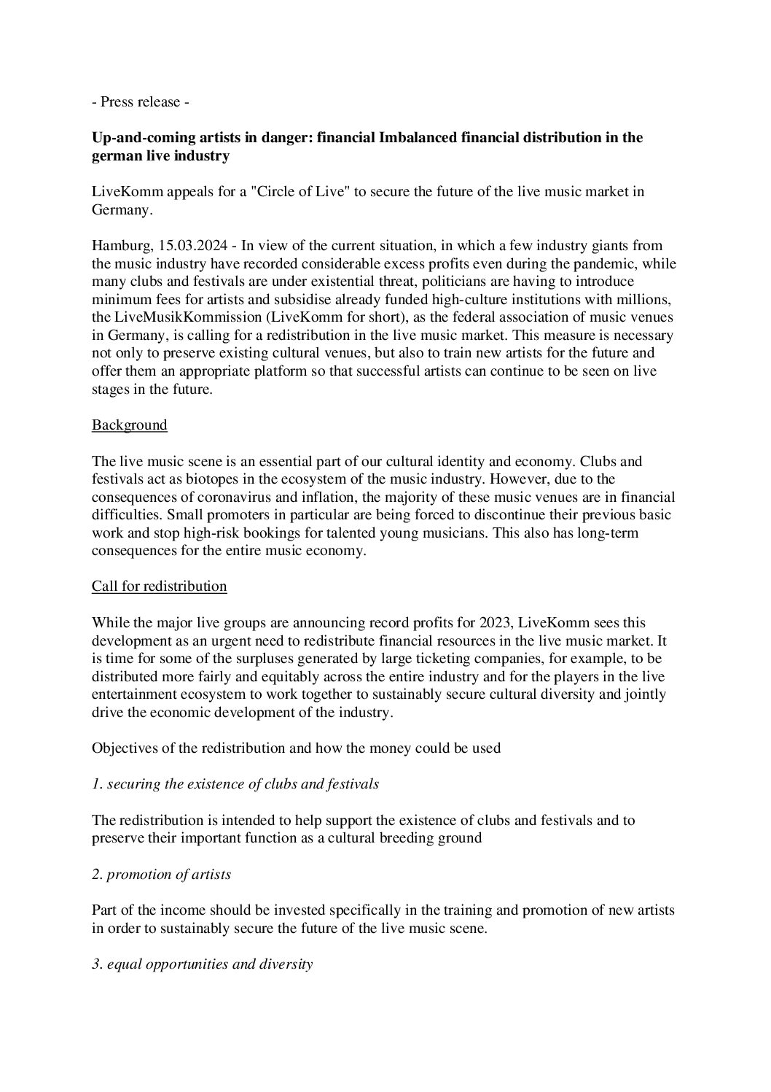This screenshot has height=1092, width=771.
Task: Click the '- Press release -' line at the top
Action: click(141, 101)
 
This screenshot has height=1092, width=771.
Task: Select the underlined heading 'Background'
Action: click(130, 425)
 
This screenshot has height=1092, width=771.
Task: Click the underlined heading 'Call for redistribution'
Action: click(159, 586)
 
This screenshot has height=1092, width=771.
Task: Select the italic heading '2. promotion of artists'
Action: click(161, 873)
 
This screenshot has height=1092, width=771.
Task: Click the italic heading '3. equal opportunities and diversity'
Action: click(202, 964)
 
